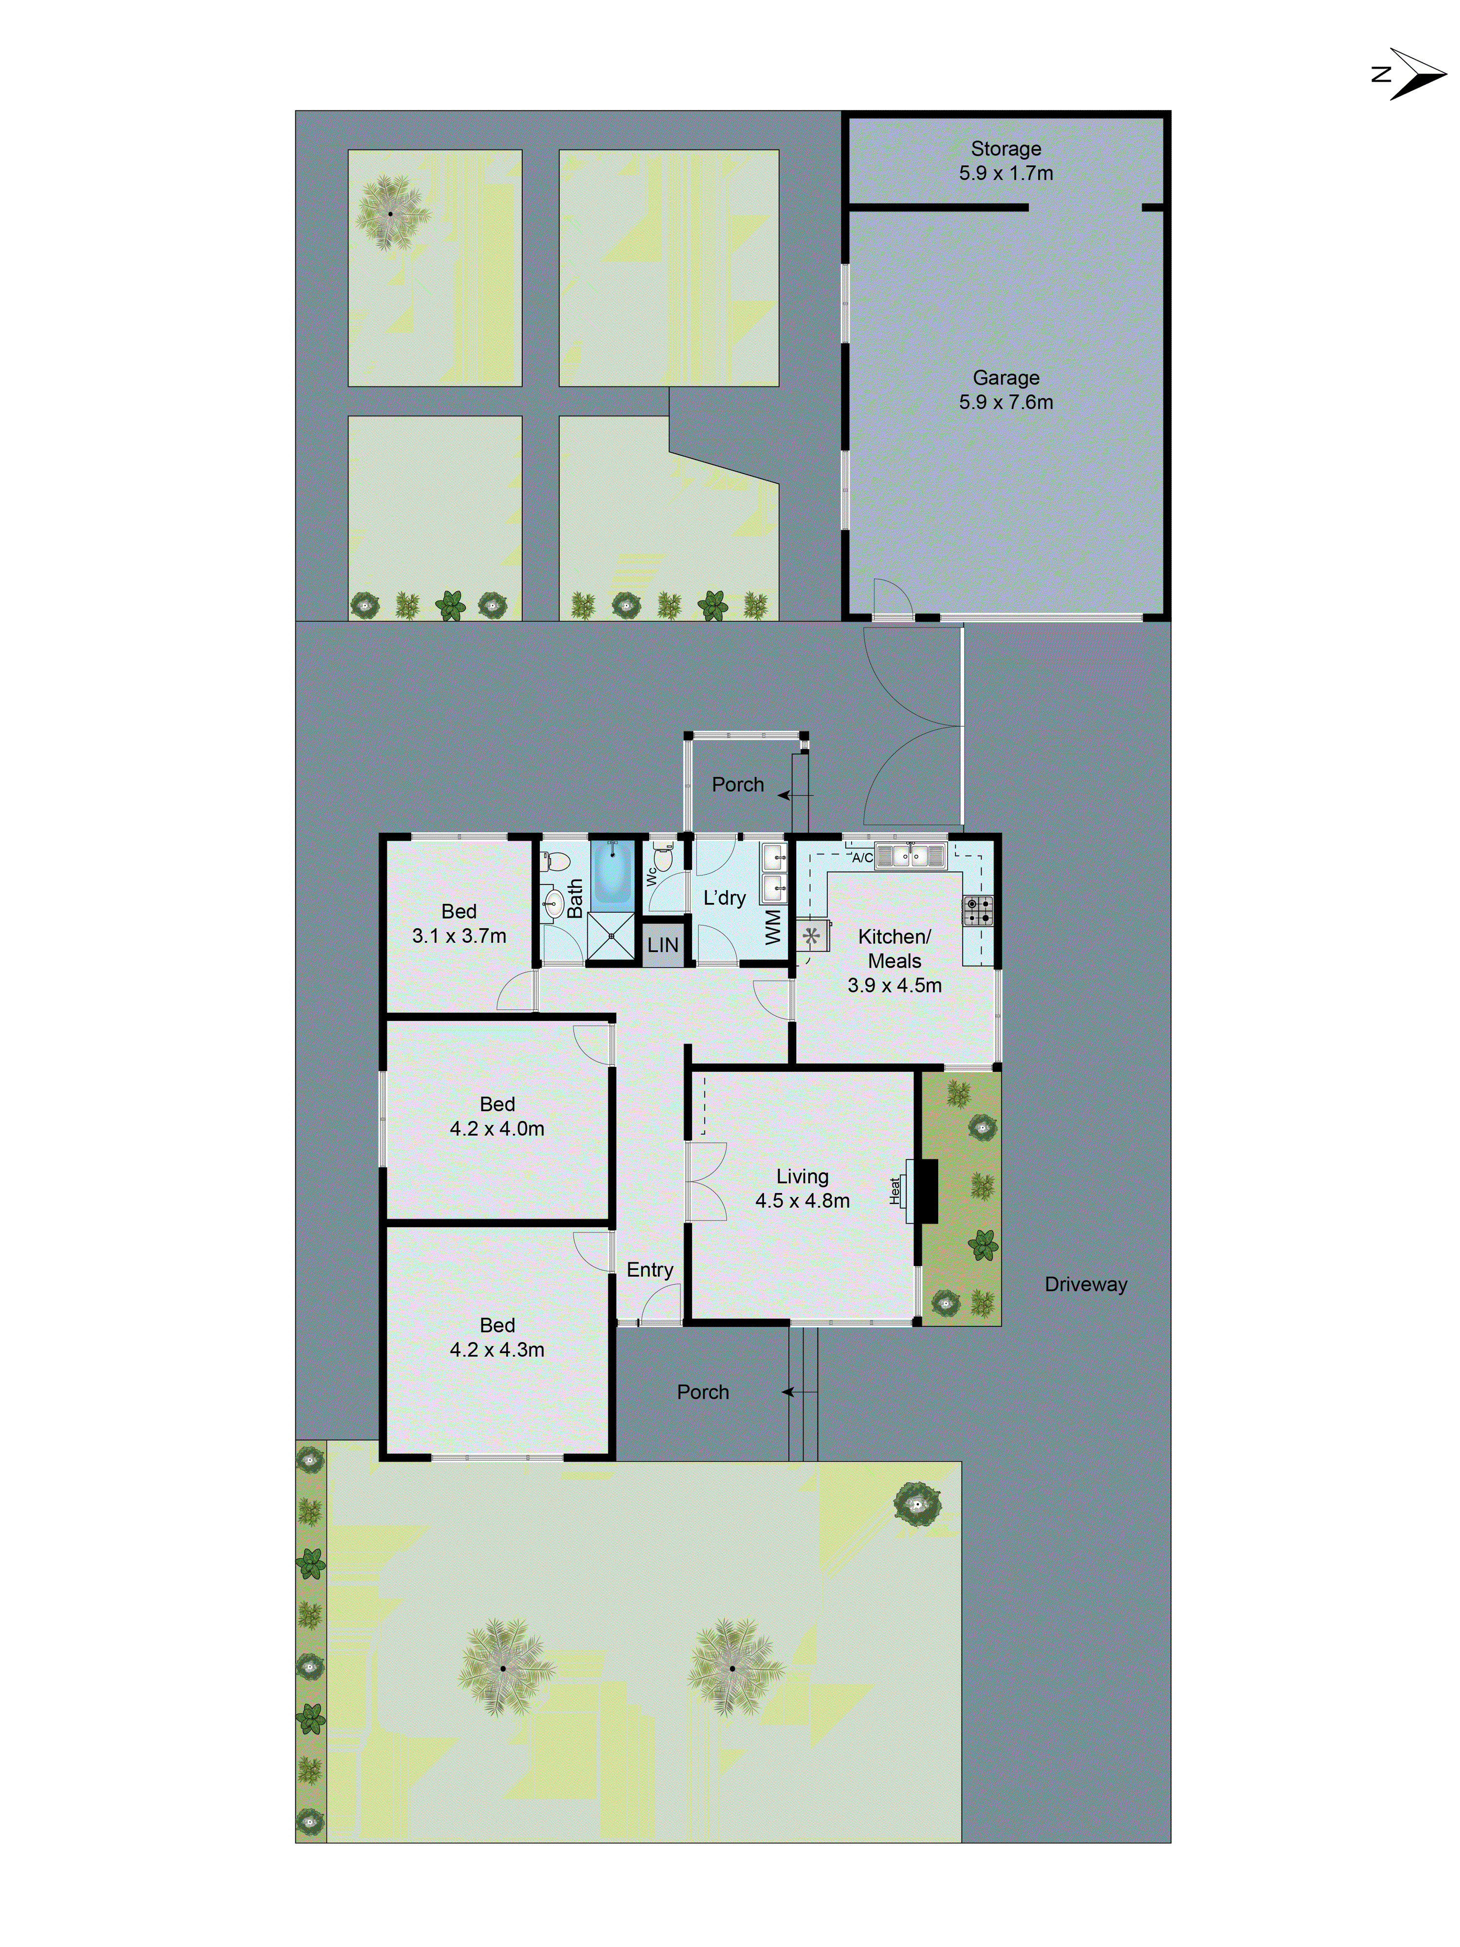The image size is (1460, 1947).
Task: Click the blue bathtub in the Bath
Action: pos(613,876)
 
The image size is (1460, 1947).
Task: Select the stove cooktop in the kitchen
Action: pos(978,910)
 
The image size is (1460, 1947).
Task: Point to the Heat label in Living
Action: pos(895,1191)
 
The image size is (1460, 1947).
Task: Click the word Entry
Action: pos(650,1269)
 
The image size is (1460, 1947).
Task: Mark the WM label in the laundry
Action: pos(773,927)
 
